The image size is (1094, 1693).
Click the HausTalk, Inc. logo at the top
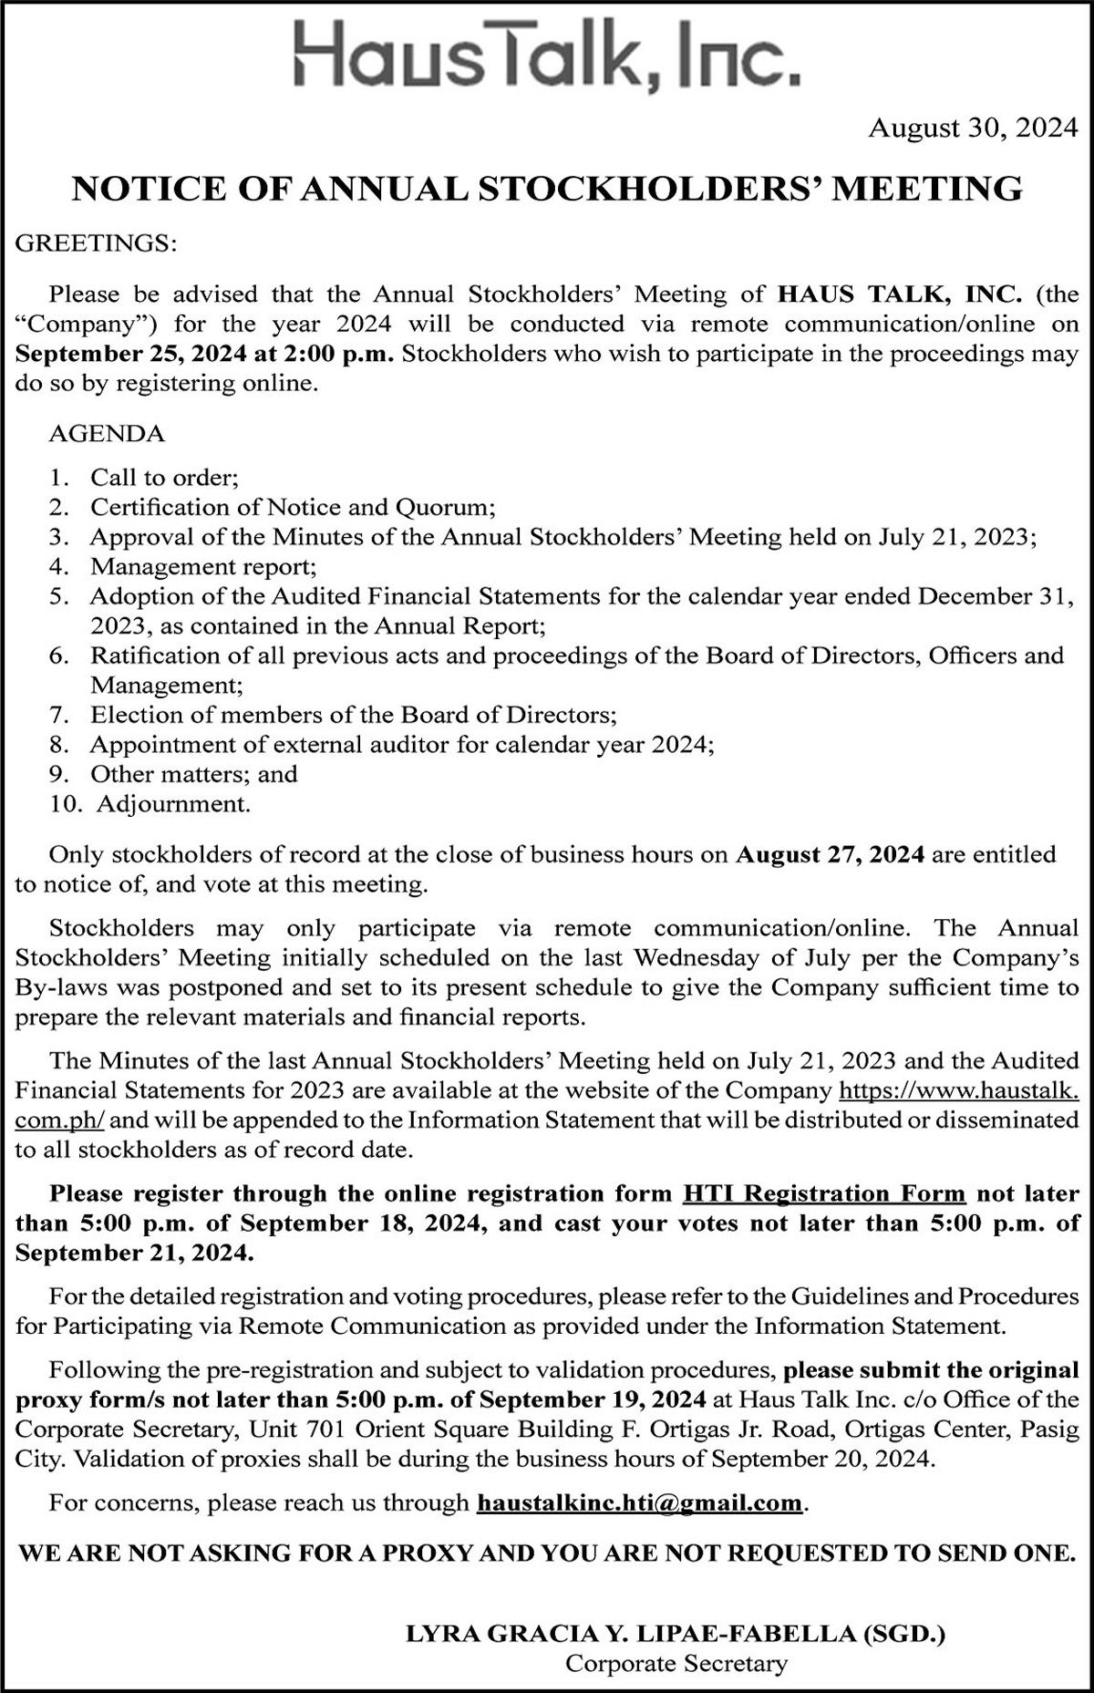[x=547, y=56]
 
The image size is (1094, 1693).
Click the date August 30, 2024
[x=973, y=129]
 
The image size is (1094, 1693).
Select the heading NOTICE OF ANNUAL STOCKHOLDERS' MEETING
[x=547, y=189]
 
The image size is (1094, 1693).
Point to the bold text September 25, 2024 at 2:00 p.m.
[x=205, y=354]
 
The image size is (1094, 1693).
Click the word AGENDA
[x=107, y=433]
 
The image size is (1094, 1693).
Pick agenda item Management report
[x=203, y=566]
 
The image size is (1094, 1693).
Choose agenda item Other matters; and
[x=194, y=774]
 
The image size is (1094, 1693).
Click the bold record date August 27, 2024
[x=831, y=854]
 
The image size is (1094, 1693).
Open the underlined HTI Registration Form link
[x=823, y=1193]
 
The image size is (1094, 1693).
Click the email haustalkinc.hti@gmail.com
[x=639, y=1502]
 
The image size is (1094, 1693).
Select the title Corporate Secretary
[x=676, y=1638]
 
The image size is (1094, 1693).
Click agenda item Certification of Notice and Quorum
[x=292, y=507]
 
